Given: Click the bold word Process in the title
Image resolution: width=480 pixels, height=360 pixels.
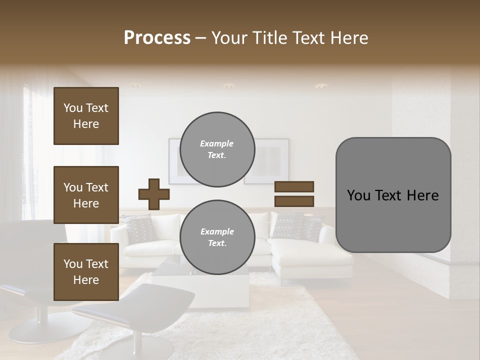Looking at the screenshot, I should pos(157,38).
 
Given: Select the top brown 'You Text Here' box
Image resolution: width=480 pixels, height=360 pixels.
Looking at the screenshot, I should pos(86,116).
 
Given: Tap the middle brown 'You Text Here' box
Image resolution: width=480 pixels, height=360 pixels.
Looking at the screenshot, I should pos(86,195).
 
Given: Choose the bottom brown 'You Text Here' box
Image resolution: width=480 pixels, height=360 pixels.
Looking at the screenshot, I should pos(86,272).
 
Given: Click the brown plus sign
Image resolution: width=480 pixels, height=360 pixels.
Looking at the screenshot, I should pos(153,194).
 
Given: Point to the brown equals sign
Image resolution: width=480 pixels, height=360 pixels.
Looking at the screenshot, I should pos(294,194).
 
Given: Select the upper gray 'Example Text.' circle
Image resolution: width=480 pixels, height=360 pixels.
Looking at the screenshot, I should pos(217,149).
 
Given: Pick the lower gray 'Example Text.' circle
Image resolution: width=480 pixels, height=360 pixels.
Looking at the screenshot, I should pos(217,237).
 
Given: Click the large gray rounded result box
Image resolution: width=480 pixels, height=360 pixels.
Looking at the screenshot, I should pos(393,195).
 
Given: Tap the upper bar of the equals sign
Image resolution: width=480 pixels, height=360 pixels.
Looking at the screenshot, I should pos(294,186).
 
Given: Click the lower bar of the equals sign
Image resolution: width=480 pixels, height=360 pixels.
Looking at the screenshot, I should pos(294,201).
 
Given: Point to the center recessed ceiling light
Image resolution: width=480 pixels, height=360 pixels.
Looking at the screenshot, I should pos(228,85).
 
